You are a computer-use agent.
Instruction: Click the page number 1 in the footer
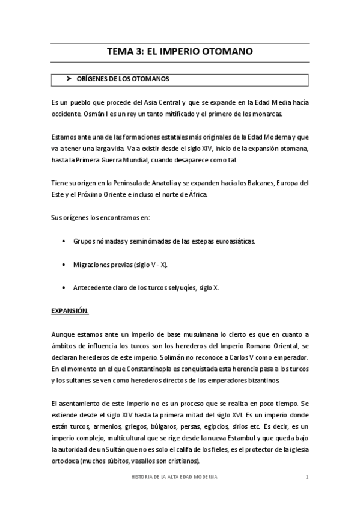click(x=307, y=476)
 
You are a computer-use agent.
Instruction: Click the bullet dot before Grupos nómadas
click(x=64, y=241)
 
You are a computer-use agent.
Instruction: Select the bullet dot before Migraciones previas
click(x=64, y=265)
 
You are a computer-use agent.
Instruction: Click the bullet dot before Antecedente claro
click(x=64, y=288)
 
